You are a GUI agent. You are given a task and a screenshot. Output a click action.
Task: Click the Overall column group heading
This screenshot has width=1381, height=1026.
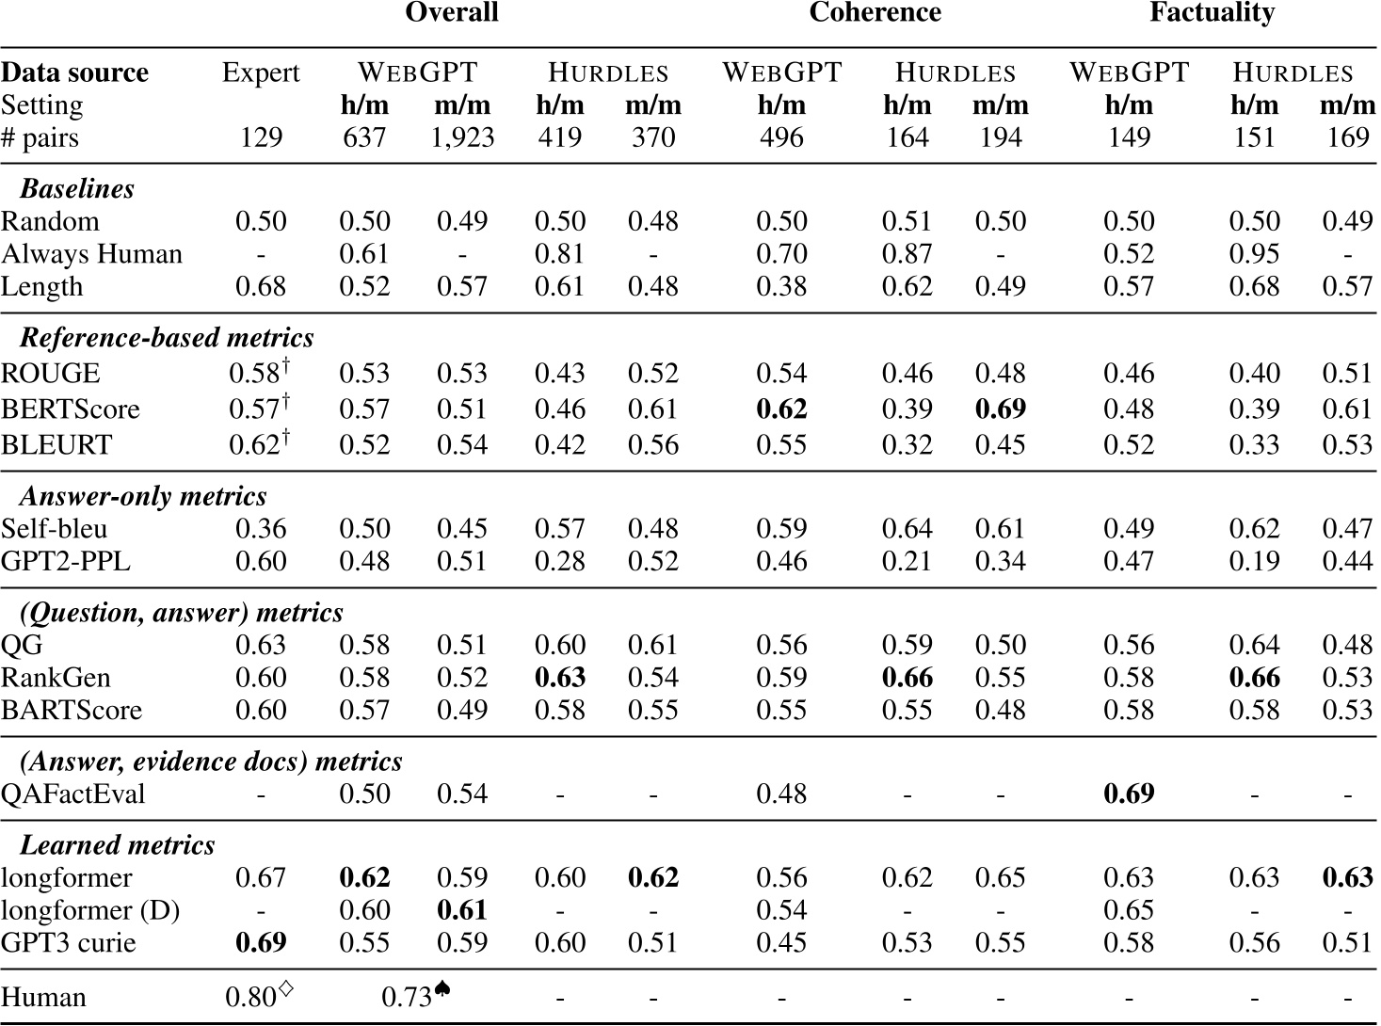click(451, 13)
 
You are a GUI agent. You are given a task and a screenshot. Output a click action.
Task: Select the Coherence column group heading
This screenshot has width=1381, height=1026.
click(875, 13)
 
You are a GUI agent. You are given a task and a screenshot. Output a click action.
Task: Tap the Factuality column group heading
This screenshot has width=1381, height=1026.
click(1212, 13)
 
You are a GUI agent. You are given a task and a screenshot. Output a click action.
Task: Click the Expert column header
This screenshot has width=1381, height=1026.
click(261, 73)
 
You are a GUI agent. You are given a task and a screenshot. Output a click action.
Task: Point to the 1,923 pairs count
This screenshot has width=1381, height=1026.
click(461, 138)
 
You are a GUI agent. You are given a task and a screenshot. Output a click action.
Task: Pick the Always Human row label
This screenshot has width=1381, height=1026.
click(91, 254)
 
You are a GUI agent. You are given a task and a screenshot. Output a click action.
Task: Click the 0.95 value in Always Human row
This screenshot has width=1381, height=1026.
click(1254, 254)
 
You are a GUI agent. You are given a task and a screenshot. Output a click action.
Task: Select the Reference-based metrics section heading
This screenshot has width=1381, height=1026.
click(167, 338)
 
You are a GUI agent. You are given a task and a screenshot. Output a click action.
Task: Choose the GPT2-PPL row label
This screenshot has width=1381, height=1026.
click(66, 562)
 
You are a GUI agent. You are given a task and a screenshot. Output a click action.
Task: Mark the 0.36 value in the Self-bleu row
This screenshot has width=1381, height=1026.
click(261, 529)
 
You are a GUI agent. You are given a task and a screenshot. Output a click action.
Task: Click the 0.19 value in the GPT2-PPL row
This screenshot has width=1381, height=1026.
click(1254, 562)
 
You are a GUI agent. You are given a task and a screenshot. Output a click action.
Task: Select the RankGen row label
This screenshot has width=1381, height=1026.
click(56, 678)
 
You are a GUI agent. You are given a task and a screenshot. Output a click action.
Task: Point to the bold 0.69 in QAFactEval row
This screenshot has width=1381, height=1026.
click(1129, 794)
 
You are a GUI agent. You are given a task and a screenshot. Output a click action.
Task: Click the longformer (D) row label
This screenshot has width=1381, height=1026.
click(90, 911)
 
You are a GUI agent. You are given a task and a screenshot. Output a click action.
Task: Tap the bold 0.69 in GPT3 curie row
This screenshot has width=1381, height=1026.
click(261, 943)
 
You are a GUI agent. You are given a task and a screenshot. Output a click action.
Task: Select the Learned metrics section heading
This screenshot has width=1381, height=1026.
click(118, 845)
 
